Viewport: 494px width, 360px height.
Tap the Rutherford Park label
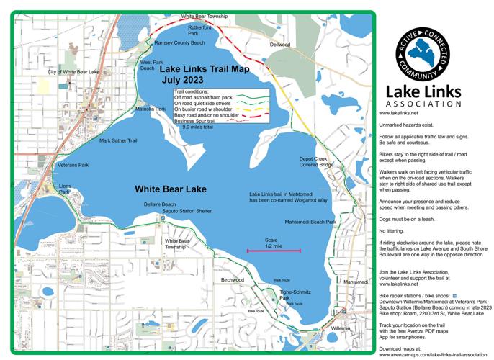coord(199,30)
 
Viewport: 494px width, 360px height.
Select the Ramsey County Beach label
coord(179,43)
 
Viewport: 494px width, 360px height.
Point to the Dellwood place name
coord(279,45)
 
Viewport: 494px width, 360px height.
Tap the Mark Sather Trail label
coord(118,140)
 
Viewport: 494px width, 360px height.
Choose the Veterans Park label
coord(73,166)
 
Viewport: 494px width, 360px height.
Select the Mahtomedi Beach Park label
coord(310,222)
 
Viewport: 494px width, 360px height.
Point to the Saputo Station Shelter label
coord(187,212)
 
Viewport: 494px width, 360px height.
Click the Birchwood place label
coord(233,279)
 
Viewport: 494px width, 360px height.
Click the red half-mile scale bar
coord(272,251)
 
